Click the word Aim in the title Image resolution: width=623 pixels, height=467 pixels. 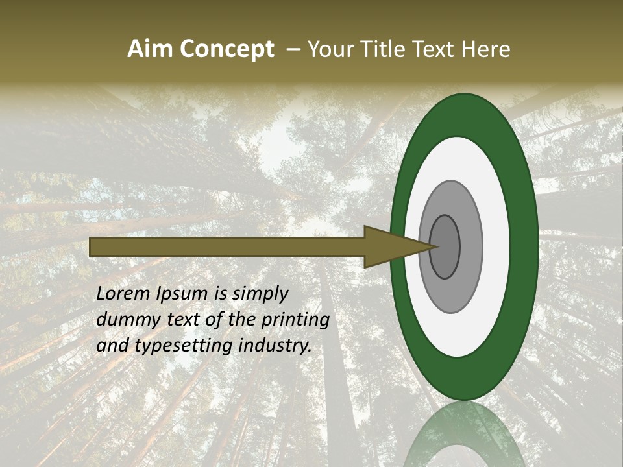point(149,49)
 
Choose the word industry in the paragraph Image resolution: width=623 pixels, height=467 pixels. point(274,346)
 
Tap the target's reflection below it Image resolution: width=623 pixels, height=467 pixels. point(464,435)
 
